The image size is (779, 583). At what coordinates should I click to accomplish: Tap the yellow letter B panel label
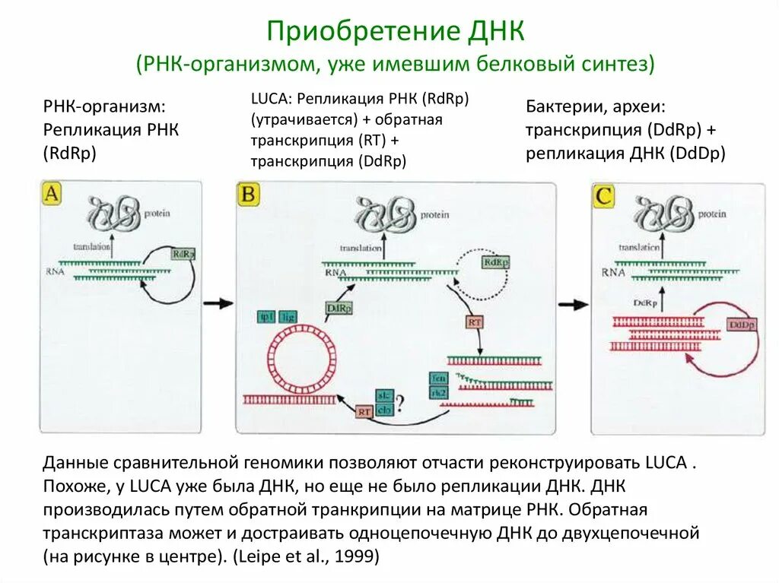(x=249, y=195)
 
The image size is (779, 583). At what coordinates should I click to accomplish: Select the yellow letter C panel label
(x=604, y=197)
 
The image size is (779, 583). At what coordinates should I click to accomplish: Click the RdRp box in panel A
(x=183, y=255)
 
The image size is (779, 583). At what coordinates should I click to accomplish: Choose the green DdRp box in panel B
(x=338, y=309)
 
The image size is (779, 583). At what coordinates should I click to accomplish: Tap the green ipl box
(x=267, y=317)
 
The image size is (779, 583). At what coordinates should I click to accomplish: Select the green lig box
(x=288, y=317)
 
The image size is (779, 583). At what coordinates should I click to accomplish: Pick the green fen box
(x=437, y=377)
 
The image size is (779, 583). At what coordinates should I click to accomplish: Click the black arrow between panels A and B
(x=220, y=303)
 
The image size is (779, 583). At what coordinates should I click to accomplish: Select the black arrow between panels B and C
(x=574, y=304)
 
